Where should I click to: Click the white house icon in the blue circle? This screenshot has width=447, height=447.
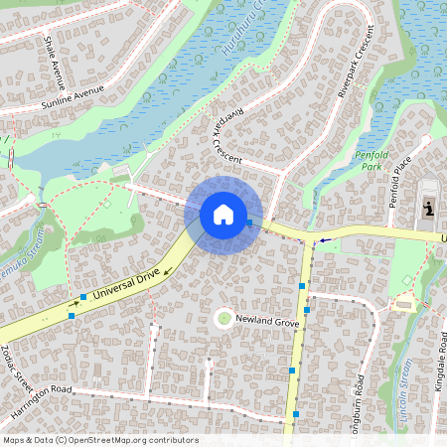coord(223,215)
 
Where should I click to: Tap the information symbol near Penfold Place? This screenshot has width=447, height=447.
coord(429,209)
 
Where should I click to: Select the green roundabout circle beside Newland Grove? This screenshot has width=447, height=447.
coord(223,318)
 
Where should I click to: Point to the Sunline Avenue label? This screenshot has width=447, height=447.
coord(73,96)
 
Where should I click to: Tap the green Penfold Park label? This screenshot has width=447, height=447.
coord(371,161)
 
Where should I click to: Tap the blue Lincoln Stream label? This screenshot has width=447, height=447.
coord(405,405)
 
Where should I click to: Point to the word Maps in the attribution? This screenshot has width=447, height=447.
coord(14,440)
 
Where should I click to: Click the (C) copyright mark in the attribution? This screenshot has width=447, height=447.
coord(62,440)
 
